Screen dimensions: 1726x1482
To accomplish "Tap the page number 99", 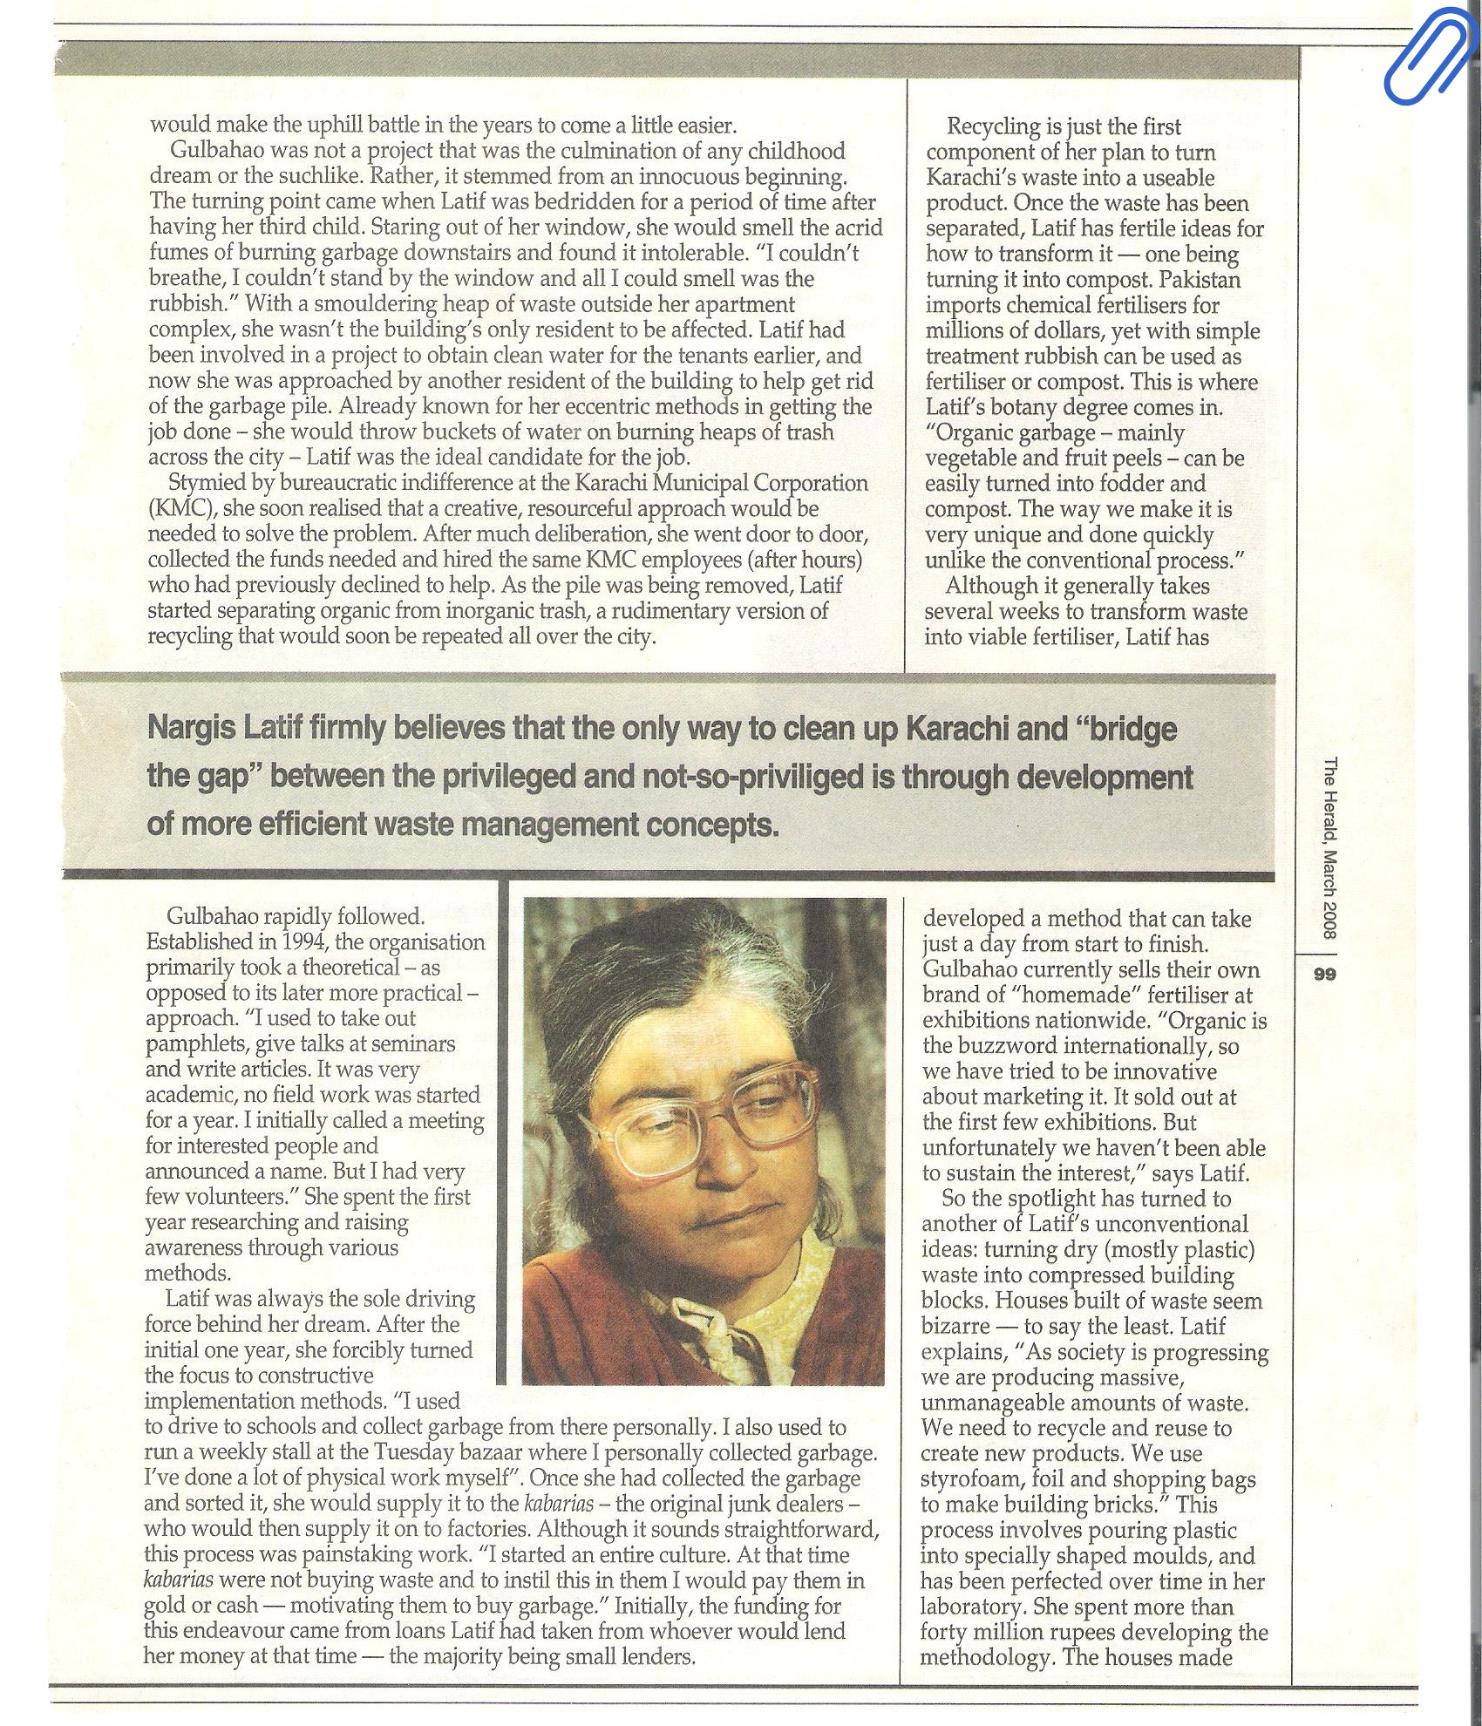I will coord(1324,975).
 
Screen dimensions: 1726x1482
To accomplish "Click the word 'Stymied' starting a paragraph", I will coord(208,483).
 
